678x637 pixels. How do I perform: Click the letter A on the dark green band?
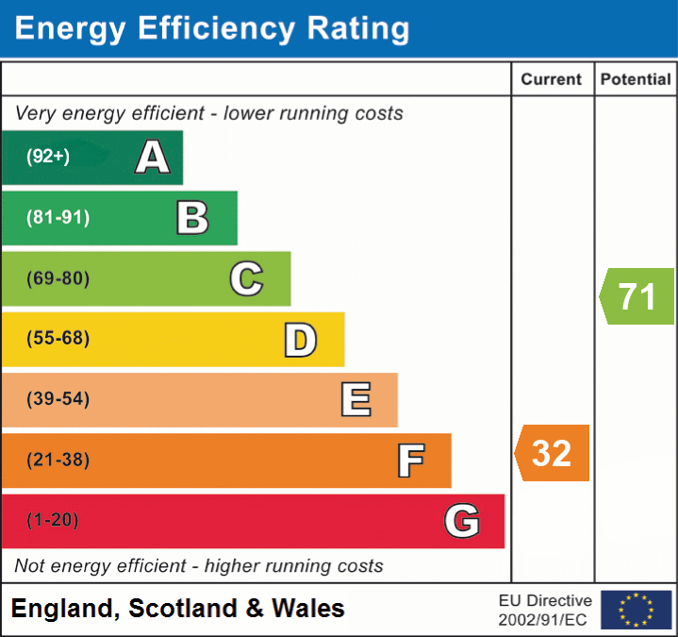[153, 158]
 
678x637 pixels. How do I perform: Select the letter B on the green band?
[192, 218]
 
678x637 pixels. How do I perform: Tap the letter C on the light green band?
[246, 278]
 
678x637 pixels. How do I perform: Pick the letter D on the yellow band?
[300, 340]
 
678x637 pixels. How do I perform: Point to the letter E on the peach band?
[355, 400]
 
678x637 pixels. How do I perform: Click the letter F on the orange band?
[409, 461]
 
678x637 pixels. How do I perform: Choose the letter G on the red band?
[462, 521]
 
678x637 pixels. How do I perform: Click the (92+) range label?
[48, 158]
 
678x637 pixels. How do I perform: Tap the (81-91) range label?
[58, 218]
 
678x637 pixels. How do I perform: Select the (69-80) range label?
[58, 278]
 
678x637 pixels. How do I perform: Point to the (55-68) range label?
[58, 339]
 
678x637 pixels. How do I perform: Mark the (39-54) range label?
[58, 399]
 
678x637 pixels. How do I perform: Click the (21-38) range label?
[58, 460]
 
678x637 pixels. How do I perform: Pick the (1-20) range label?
[53, 520]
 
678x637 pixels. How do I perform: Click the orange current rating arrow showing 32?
[553, 453]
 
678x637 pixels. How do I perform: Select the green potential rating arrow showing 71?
[637, 296]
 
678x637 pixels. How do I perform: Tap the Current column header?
[553, 80]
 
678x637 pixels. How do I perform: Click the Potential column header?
[636, 80]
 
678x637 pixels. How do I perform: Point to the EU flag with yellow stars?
[636, 610]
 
